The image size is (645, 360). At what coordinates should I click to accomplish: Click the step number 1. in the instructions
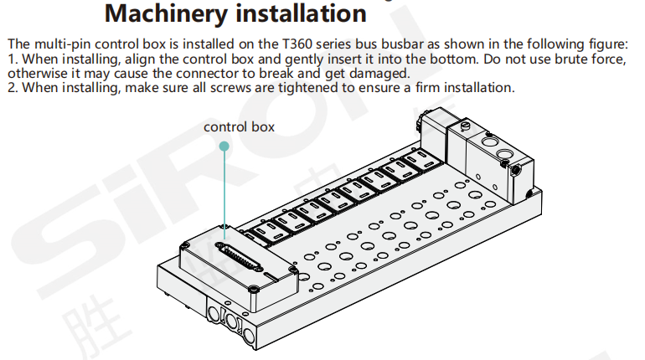12,59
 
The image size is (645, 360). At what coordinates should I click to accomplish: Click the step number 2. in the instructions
12,88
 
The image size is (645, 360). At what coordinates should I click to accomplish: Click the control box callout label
239,127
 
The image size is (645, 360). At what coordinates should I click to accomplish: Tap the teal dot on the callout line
224,146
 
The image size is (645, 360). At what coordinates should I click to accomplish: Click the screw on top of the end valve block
463,126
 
